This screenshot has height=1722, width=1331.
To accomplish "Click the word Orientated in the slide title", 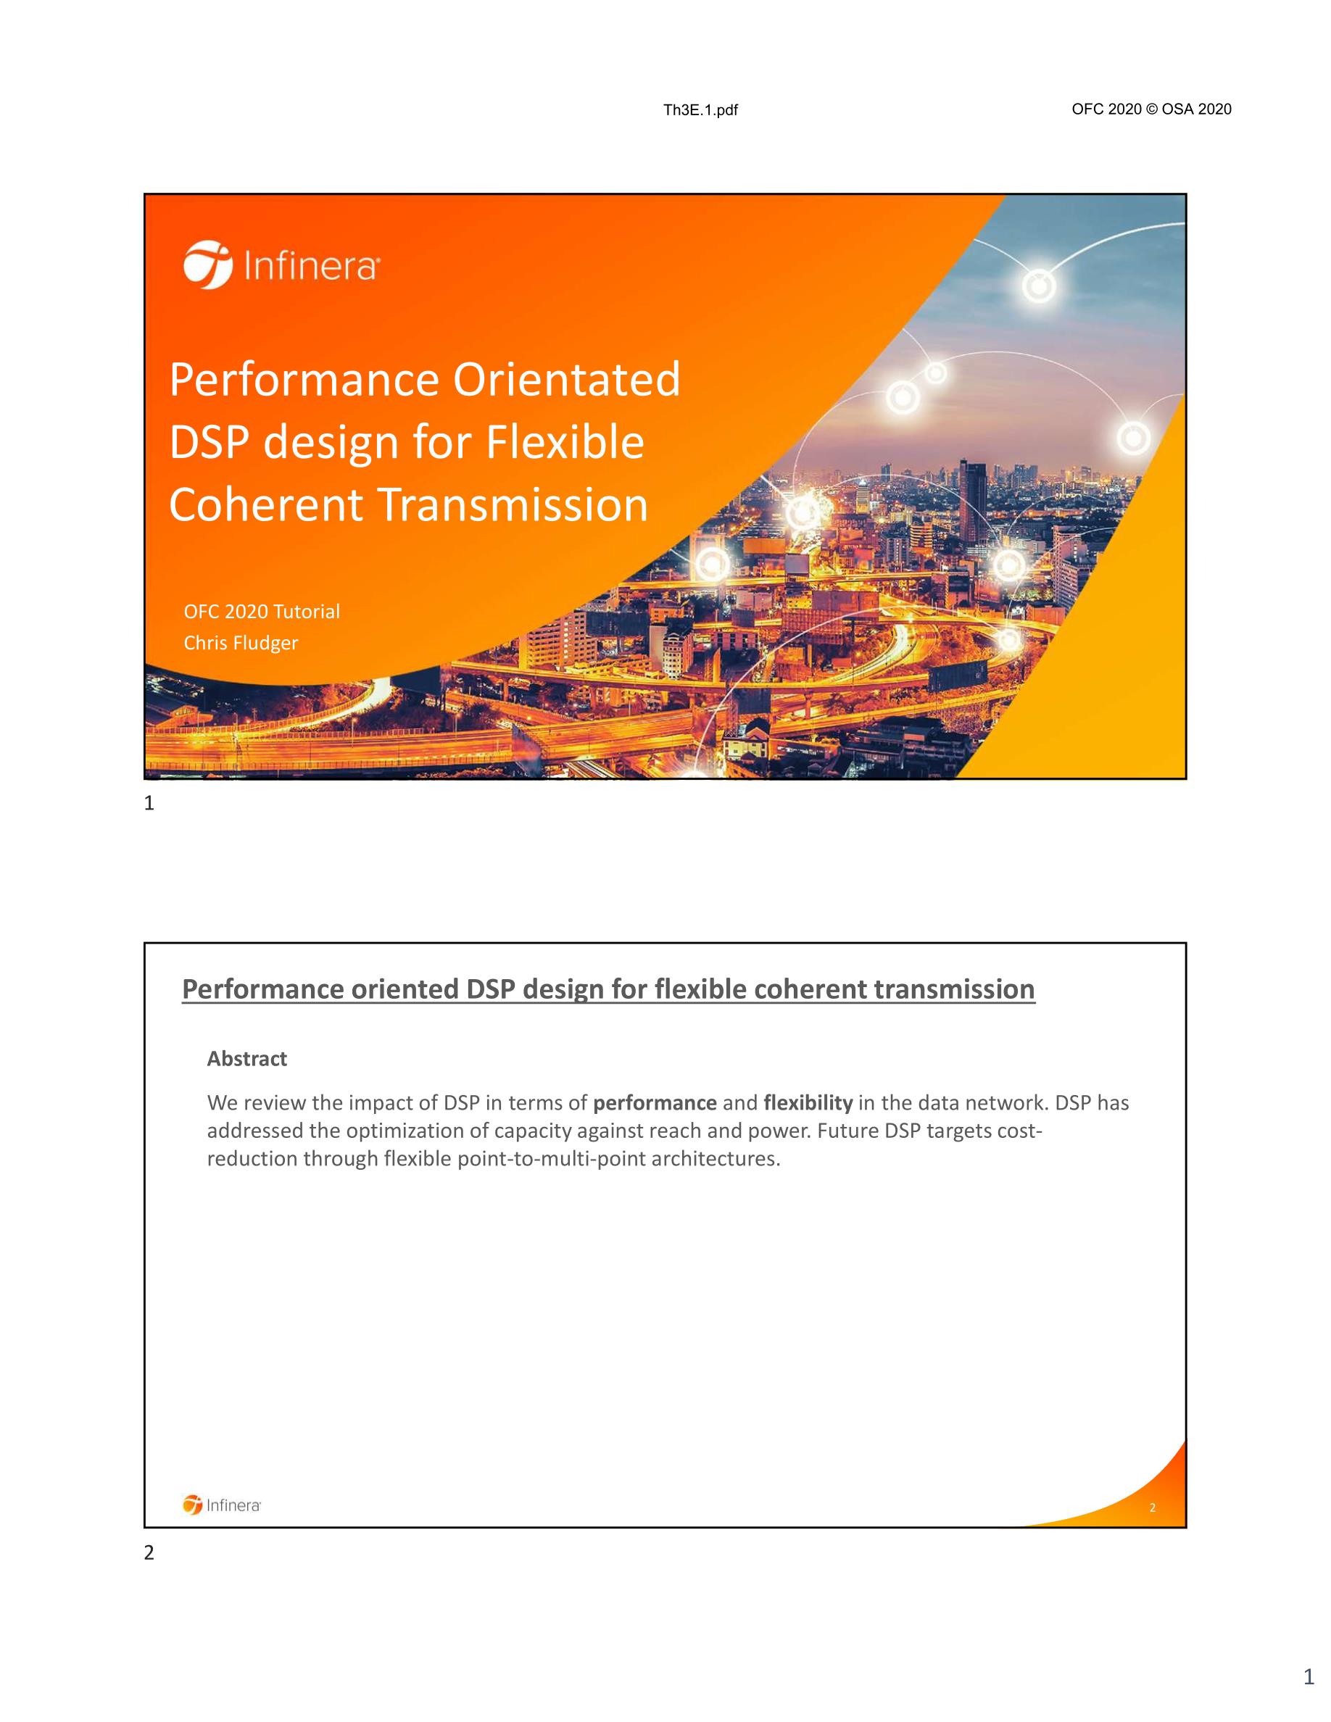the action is pyautogui.click(x=565, y=379).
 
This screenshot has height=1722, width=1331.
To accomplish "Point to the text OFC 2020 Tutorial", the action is pyautogui.click(x=262, y=611).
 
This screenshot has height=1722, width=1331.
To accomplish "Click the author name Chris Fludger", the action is pyautogui.click(x=241, y=643).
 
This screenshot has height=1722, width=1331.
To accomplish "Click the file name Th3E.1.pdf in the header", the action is pyautogui.click(x=700, y=110).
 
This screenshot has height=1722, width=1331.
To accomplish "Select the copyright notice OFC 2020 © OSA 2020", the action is pyautogui.click(x=1151, y=109).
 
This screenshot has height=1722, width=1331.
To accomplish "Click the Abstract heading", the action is pyautogui.click(x=246, y=1058).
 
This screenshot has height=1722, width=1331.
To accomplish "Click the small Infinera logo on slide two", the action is pyautogui.click(x=222, y=1505).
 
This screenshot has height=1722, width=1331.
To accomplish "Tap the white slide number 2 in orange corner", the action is pyautogui.click(x=1152, y=1507).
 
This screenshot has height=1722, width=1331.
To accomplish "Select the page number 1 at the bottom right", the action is pyautogui.click(x=1308, y=1698).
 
